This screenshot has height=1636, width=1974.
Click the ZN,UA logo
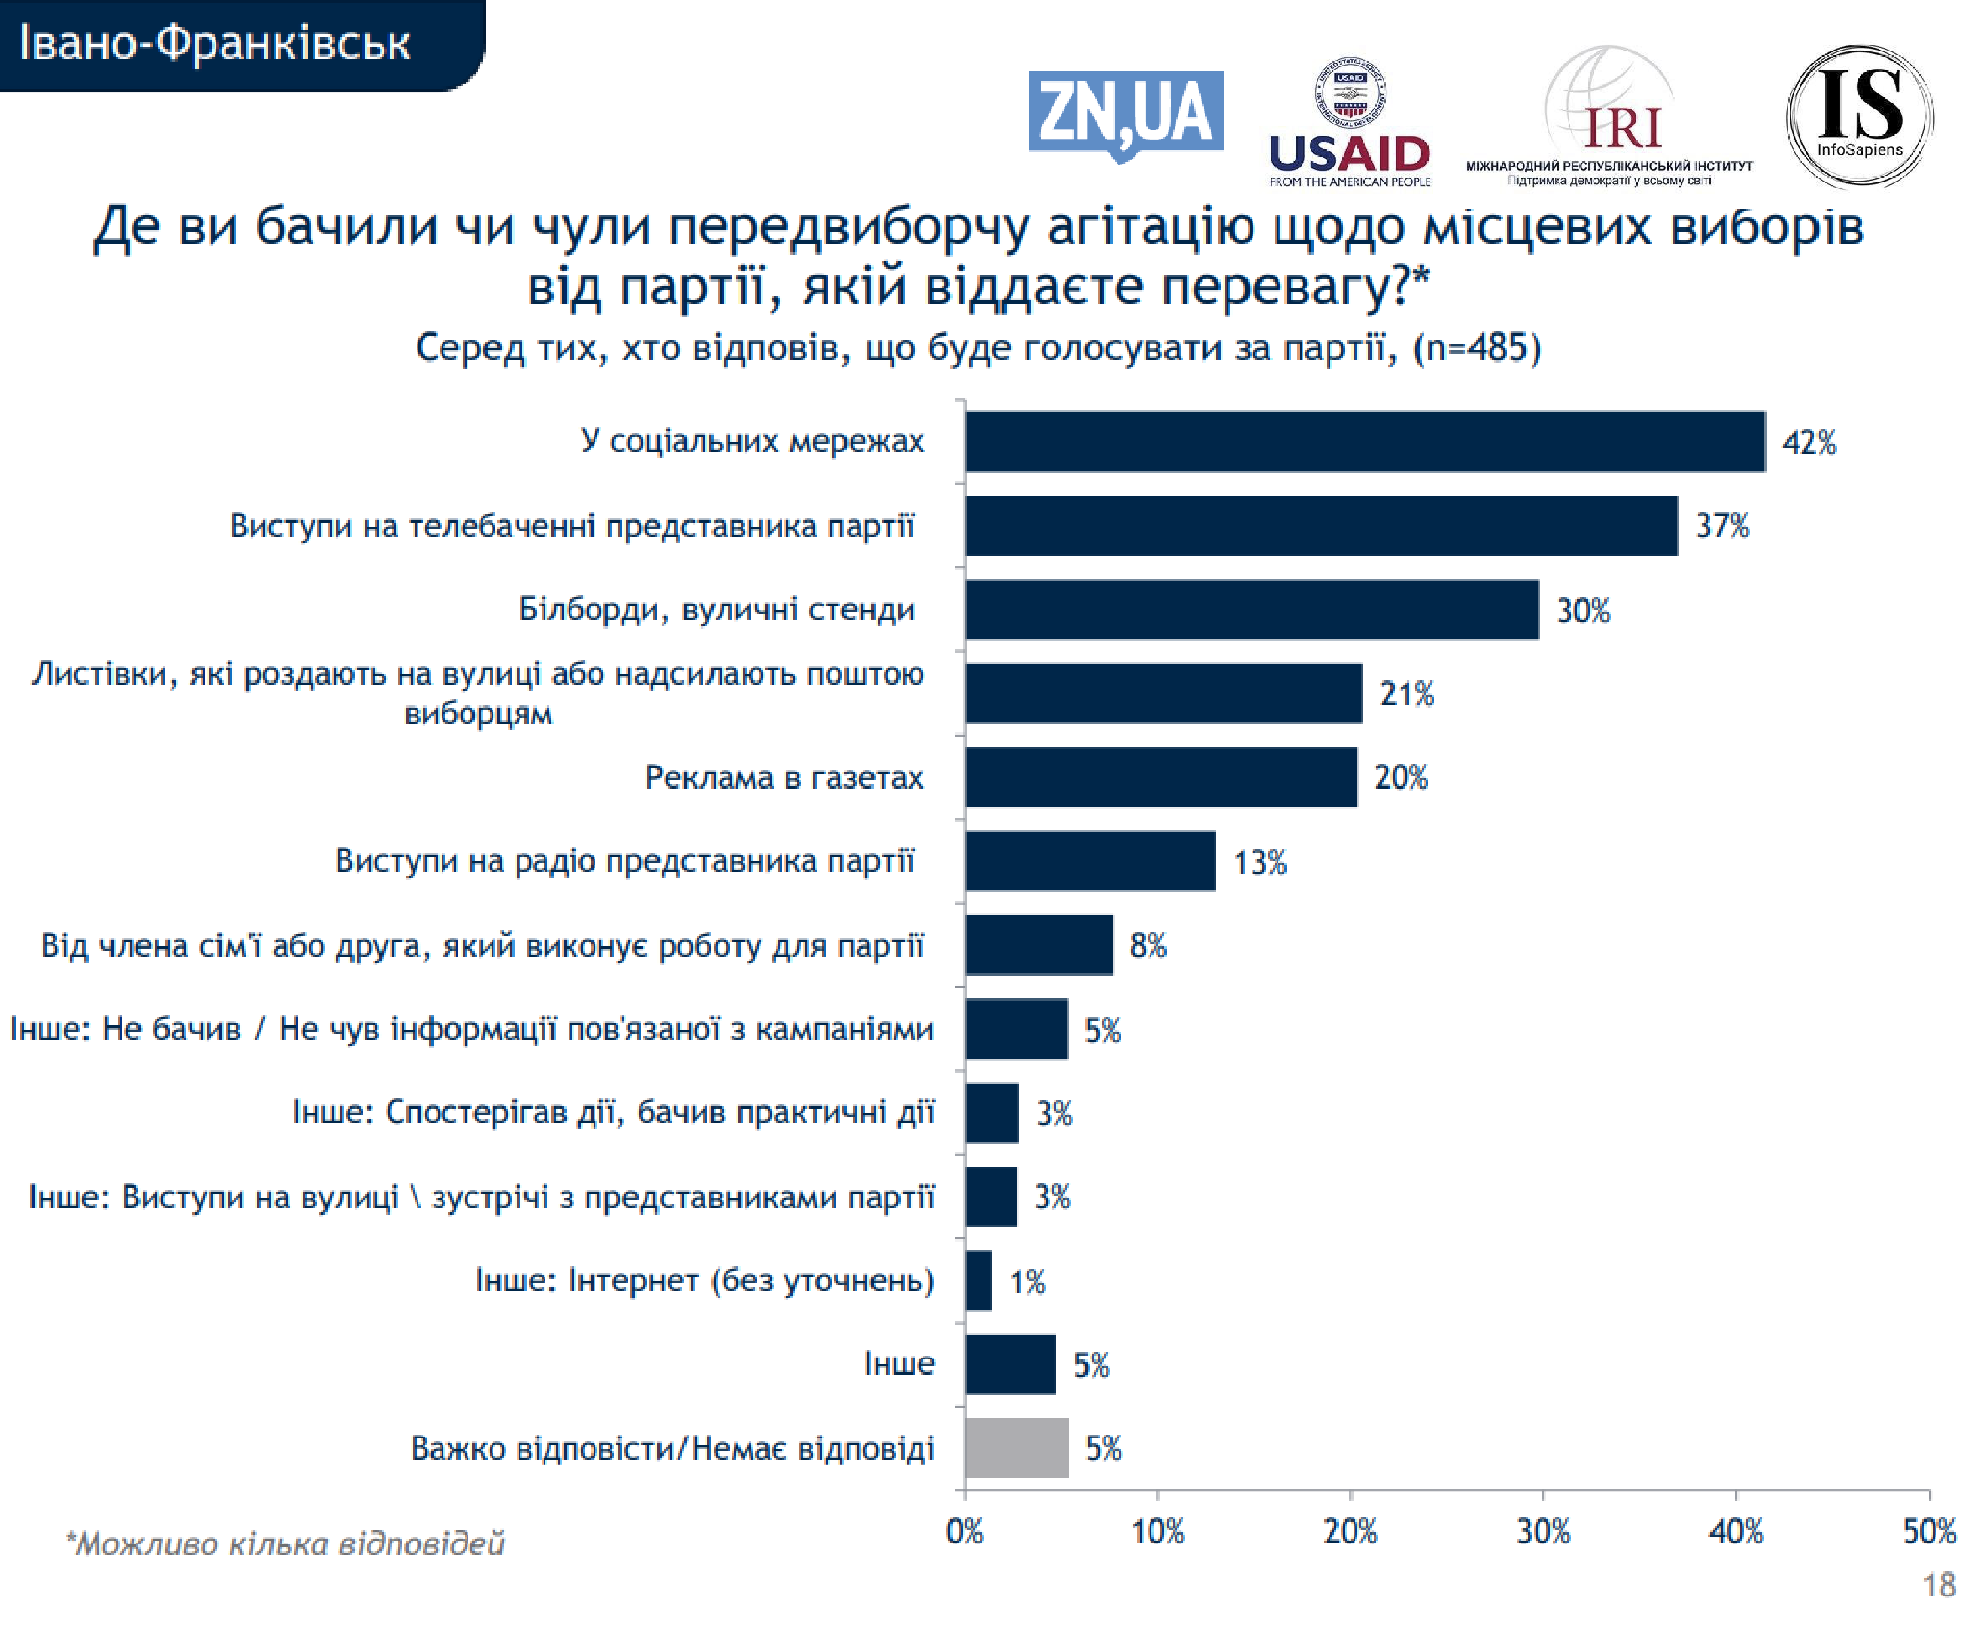(x=1125, y=114)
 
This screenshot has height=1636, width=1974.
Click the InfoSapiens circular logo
(x=1858, y=116)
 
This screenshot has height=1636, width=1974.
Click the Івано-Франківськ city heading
(x=215, y=43)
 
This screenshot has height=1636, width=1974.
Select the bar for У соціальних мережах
(x=1365, y=441)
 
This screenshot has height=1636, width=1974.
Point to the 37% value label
(x=1722, y=525)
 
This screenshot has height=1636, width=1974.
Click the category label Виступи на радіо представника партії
(x=624, y=860)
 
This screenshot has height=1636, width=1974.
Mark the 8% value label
(x=1148, y=945)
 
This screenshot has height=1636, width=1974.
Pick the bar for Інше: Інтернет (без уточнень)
(x=978, y=1280)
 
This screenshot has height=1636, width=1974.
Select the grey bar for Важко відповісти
(x=1016, y=1448)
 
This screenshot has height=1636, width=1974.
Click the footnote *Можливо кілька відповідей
(x=285, y=1544)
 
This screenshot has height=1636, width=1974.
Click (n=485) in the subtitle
(x=1477, y=348)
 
